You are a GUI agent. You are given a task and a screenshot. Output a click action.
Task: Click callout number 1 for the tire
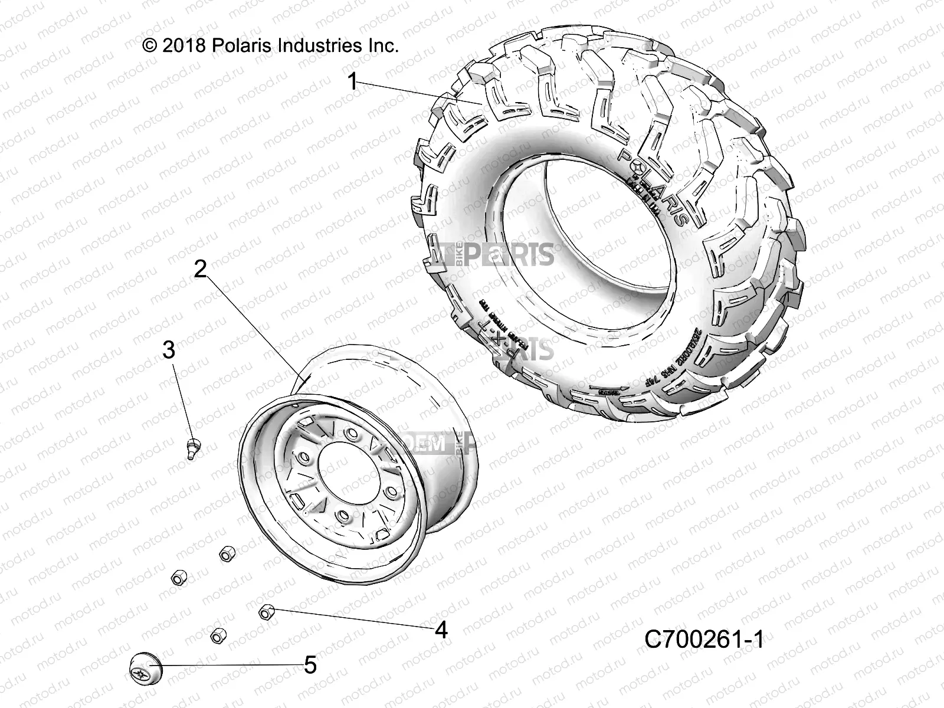(352, 81)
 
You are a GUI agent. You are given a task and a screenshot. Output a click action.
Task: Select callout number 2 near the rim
(201, 270)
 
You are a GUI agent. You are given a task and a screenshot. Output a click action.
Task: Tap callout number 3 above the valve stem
(169, 350)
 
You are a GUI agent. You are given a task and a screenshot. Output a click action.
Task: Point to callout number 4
(441, 631)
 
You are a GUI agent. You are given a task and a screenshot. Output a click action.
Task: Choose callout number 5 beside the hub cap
(310, 666)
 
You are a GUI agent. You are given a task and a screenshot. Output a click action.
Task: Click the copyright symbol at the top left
(150, 46)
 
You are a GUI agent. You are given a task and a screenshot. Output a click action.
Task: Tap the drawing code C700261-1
(703, 639)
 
